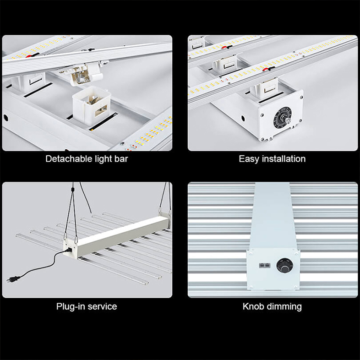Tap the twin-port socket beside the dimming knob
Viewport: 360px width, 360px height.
264,266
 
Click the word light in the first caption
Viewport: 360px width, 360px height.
101,159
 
